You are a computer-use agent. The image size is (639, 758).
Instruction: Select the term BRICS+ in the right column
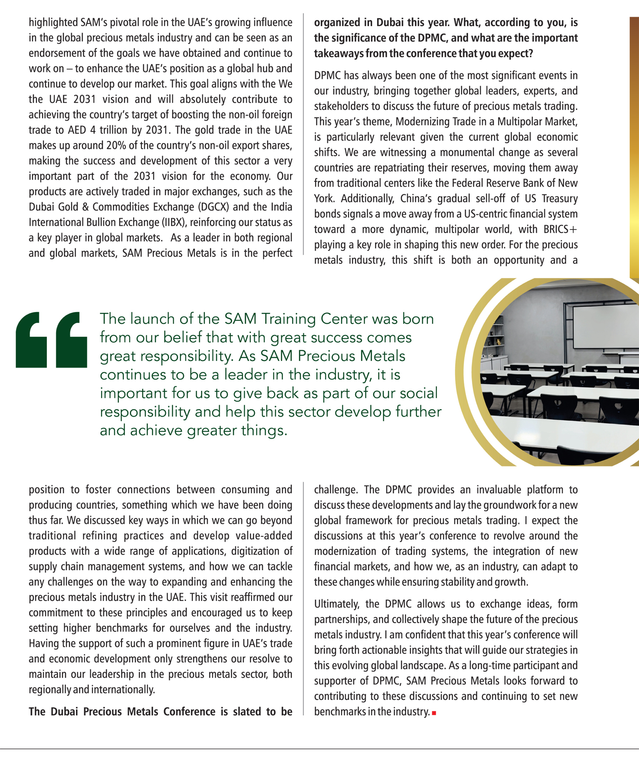pyautogui.click(x=560, y=230)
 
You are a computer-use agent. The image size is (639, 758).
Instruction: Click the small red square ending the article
pyautogui.click(x=434, y=712)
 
